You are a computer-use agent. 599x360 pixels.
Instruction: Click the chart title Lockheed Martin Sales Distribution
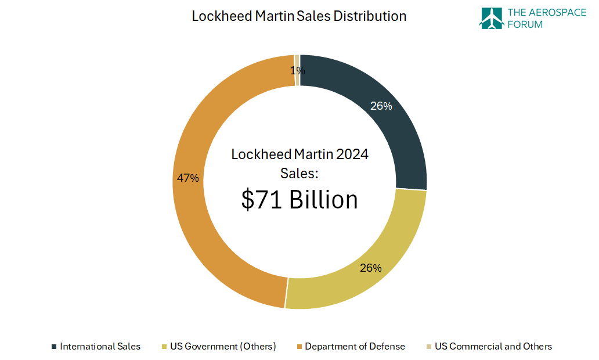(299, 16)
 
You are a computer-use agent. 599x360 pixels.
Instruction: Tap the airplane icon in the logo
(491, 18)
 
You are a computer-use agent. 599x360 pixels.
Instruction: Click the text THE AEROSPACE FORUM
(546, 18)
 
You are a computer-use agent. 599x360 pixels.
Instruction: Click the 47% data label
(188, 178)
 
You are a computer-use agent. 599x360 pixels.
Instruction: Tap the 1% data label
(297, 71)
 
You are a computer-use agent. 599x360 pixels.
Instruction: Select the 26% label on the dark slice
(381, 106)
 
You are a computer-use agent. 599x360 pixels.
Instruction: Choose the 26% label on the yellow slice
(370, 268)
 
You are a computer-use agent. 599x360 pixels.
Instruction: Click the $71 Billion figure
(299, 200)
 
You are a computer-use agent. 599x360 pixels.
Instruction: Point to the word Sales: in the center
(299, 173)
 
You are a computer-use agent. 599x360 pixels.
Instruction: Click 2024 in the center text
(352, 154)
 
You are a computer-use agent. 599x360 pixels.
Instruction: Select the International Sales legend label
(100, 347)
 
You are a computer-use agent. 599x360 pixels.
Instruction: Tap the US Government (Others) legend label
(223, 347)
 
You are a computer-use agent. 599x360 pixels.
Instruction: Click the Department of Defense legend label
(355, 347)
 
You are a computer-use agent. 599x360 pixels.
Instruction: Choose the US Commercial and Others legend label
(493, 347)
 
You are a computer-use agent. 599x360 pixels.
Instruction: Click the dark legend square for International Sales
(54, 347)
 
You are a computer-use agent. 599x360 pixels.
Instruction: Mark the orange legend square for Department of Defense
(299, 347)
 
